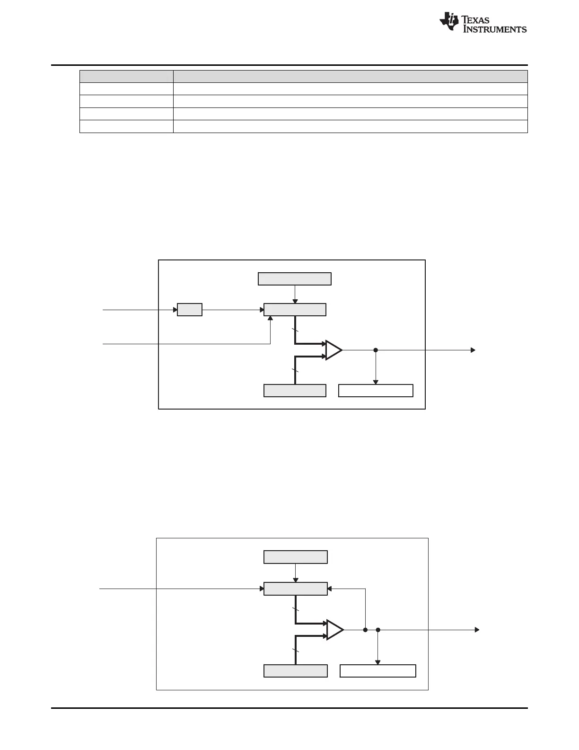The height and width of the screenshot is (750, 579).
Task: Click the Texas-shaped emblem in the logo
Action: pyautogui.click(x=449, y=21)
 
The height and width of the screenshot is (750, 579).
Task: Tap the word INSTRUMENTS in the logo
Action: pyautogui.click(x=494, y=29)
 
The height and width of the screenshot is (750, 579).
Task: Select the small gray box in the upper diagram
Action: pyautogui.click(x=190, y=310)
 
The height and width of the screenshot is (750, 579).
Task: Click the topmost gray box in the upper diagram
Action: pyautogui.click(x=295, y=279)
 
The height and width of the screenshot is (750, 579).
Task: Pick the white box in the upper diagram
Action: pyautogui.click(x=376, y=391)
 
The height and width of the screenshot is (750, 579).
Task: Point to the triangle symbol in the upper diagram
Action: pyautogui.click(x=333, y=350)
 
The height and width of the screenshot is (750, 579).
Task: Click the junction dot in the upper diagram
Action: pyautogui.click(x=376, y=350)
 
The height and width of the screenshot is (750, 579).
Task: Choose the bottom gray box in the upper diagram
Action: pyautogui.click(x=295, y=391)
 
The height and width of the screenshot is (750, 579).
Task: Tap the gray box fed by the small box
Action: pyautogui.click(x=295, y=310)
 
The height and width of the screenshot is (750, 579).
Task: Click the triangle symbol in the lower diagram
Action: pyautogui.click(x=335, y=630)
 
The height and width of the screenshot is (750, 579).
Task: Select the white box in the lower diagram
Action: pyautogui.click(x=378, y=671)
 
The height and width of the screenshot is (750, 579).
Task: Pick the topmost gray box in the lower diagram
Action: pyautogui.click(x=295, y=557)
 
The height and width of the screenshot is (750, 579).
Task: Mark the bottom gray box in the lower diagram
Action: pyautogui.click(x=295, y=671)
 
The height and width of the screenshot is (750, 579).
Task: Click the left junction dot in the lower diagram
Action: pyautogui.click(x=365, y=630)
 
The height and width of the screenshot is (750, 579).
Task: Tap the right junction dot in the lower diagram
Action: pyautogui.click(x=378, y=630)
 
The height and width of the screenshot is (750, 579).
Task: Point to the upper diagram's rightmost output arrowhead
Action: pyautogui.click(x=473, y=350)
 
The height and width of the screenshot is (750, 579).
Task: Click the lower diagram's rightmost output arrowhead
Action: pyautogui.click(x=477, y=630)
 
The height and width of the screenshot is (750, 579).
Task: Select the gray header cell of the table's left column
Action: pyautogui.click(x=126, y=76)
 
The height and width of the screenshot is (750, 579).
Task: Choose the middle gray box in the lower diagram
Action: pyautogui.click(x=295, y=589)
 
